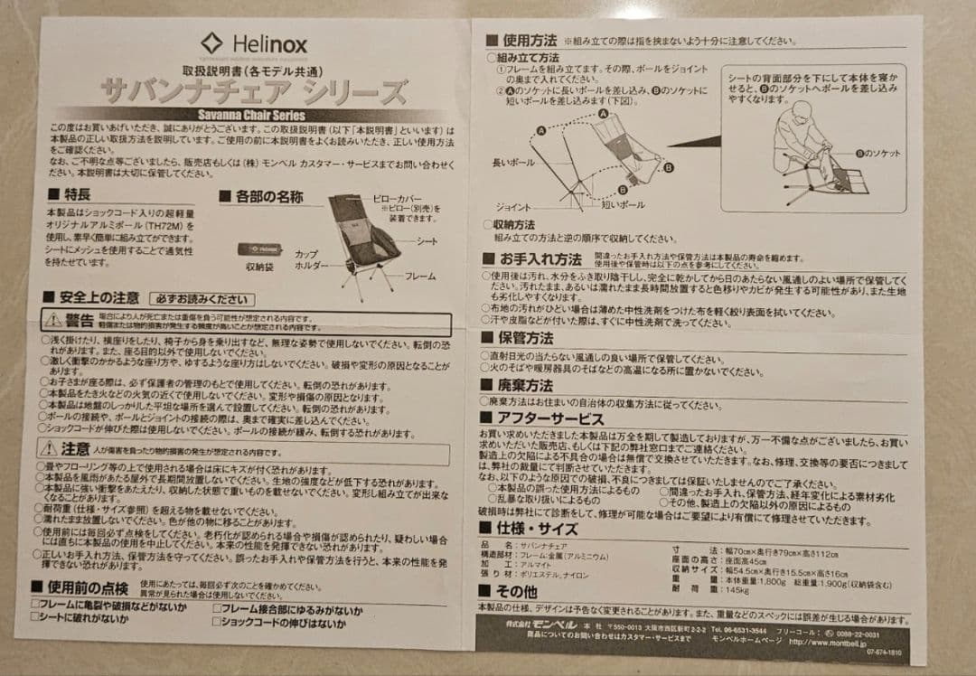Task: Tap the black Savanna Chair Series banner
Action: coord(250,115)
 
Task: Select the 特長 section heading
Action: coord(70,194)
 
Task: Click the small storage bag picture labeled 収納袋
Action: coord(259,249)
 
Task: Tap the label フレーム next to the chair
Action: coord(419,276)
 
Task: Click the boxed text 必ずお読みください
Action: coord(202,299)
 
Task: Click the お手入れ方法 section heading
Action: coord(533,259)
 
